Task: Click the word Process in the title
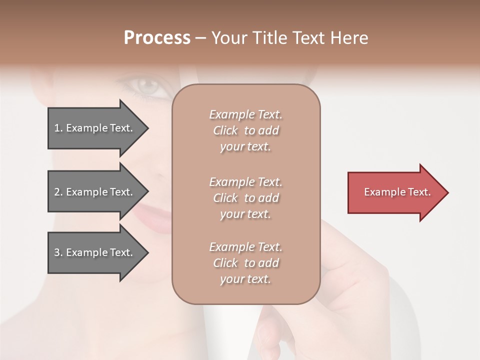click(157, 38)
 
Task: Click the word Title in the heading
click(270, 38)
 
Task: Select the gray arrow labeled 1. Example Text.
click(95, 128)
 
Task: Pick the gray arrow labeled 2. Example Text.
click(95, 192)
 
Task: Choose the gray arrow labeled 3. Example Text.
click(95, 252)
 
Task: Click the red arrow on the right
click(395, 192)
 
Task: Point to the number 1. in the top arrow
click(58, 128)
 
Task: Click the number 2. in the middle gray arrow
click(58, 192)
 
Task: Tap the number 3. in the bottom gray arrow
click(58, 252)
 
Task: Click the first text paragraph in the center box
click(245, 130)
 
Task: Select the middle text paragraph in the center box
click(245, 198)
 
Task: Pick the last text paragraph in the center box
click(245, 263)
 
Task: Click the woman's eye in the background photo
click(147, 86)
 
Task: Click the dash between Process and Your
click(200, 38)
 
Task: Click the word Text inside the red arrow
click(419, 192)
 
